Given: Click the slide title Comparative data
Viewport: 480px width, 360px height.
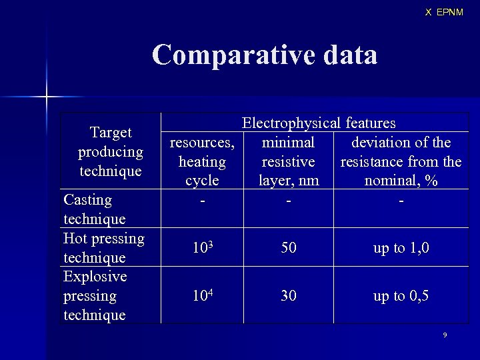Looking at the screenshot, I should point(264,55).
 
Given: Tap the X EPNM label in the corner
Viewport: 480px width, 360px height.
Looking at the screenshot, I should point(444,12).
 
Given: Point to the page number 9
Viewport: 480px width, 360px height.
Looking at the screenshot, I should point(445,335).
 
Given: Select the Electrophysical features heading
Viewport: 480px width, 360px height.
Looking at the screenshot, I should point(319,123).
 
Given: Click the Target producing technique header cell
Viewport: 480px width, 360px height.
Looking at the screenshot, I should point(111,151).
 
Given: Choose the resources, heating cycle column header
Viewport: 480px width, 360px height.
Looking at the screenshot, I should point(202,161).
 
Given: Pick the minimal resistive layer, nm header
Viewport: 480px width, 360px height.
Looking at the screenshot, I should point(289,161).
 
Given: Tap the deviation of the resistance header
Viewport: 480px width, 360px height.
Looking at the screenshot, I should point(401,161).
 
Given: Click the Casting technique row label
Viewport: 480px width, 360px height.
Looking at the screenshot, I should point(94,209).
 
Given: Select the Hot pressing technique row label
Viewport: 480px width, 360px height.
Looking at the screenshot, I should point(103,247).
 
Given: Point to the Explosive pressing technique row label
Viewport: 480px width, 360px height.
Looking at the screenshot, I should point(95,295).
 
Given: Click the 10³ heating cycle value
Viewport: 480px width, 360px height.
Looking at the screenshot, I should point(202,248).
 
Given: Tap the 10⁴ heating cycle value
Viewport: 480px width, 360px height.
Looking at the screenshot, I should point(202,295).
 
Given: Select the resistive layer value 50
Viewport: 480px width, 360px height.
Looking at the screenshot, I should point(289,248).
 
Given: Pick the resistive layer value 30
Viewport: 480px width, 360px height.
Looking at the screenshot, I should point(289,295).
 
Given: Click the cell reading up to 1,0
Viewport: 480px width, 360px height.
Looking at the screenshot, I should point(401,248).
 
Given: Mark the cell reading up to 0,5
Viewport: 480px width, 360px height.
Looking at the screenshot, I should point(401,295).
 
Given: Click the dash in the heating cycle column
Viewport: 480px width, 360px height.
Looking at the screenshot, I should point(202,200).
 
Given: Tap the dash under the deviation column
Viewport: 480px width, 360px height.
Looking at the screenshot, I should point(401,200).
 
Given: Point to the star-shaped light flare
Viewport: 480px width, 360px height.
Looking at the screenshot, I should point(47,97).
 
